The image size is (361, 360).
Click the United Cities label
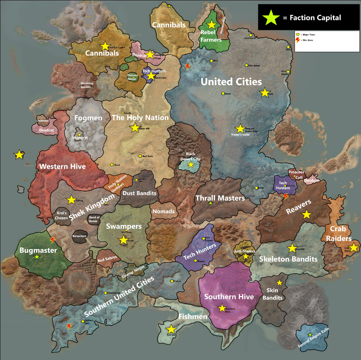[x=231, y=81]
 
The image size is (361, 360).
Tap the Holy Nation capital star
[x=135, y=128]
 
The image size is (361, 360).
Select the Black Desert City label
[x=190, y=157]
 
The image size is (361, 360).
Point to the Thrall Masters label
[x=220, y=198]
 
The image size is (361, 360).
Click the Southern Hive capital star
[x=222, y=308]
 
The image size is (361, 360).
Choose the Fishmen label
[x=193, y=317]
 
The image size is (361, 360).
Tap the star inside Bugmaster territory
[x=37, y=257]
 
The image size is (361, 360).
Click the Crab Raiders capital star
[x=353, y=248]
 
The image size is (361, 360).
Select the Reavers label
[x=298, y=208]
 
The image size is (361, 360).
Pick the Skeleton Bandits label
[x=288, y=259]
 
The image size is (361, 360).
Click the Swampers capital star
[x=123, y=240]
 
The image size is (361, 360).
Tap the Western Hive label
[x=63, y=167]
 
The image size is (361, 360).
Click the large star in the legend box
[x=271, y=17]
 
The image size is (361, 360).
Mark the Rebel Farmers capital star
[x=211, y=25]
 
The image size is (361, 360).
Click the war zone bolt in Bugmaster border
[x=53, y=240]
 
